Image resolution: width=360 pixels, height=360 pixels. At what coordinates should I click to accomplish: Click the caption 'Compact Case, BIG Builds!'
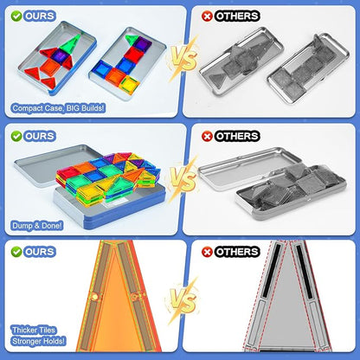(x=59, y=108)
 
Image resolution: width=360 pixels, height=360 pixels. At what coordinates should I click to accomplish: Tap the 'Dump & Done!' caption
(x=37, y=225)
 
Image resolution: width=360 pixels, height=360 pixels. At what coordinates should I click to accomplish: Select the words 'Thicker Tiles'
(x=34, y=330)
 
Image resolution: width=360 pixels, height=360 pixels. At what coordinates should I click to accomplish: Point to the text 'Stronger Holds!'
(x=39, y=341)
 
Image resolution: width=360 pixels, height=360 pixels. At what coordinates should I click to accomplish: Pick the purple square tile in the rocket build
(x=60, y=55)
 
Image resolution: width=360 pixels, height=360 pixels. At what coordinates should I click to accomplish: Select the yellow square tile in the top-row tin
(x=130, y=85)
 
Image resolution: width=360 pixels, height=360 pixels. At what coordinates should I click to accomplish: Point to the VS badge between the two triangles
(x=183, y=300)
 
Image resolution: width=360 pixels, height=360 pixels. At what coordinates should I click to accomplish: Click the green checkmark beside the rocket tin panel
(x=16, y=16)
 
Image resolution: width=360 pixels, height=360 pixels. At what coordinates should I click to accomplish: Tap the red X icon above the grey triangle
(x=207, y=252)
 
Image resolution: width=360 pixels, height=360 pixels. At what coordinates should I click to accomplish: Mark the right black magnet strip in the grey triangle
(x=305, y=272)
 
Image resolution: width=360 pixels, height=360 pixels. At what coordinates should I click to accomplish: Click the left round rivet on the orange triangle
(x=94, y=297)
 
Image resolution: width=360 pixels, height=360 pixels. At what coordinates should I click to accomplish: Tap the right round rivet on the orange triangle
(x=134, y=297)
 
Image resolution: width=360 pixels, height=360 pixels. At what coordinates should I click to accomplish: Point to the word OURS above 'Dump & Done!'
(x=40, y=136)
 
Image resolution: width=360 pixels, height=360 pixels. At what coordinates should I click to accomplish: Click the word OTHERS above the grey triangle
(x=237, y=252)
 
